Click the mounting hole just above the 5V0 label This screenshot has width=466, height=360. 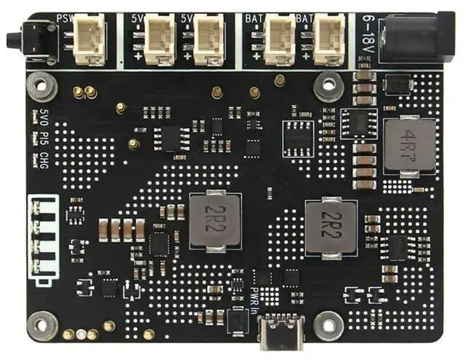pos(42,86)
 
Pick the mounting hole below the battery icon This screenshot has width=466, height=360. pos(43,321)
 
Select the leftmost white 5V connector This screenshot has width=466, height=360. pos(159,38)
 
